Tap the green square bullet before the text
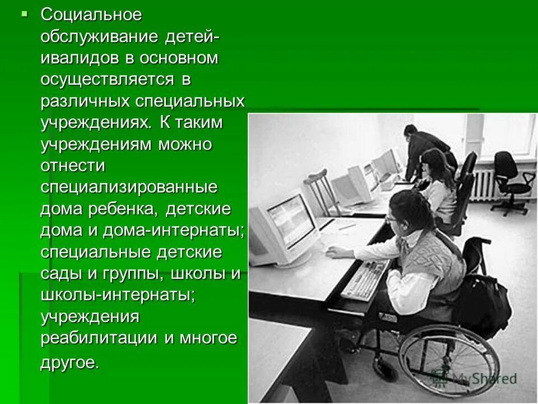pyautogui.click(x=24, y=13)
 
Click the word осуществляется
pyautogui.click(x=107, y=80)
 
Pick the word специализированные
pyautogui.click(x=129, y=187)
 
